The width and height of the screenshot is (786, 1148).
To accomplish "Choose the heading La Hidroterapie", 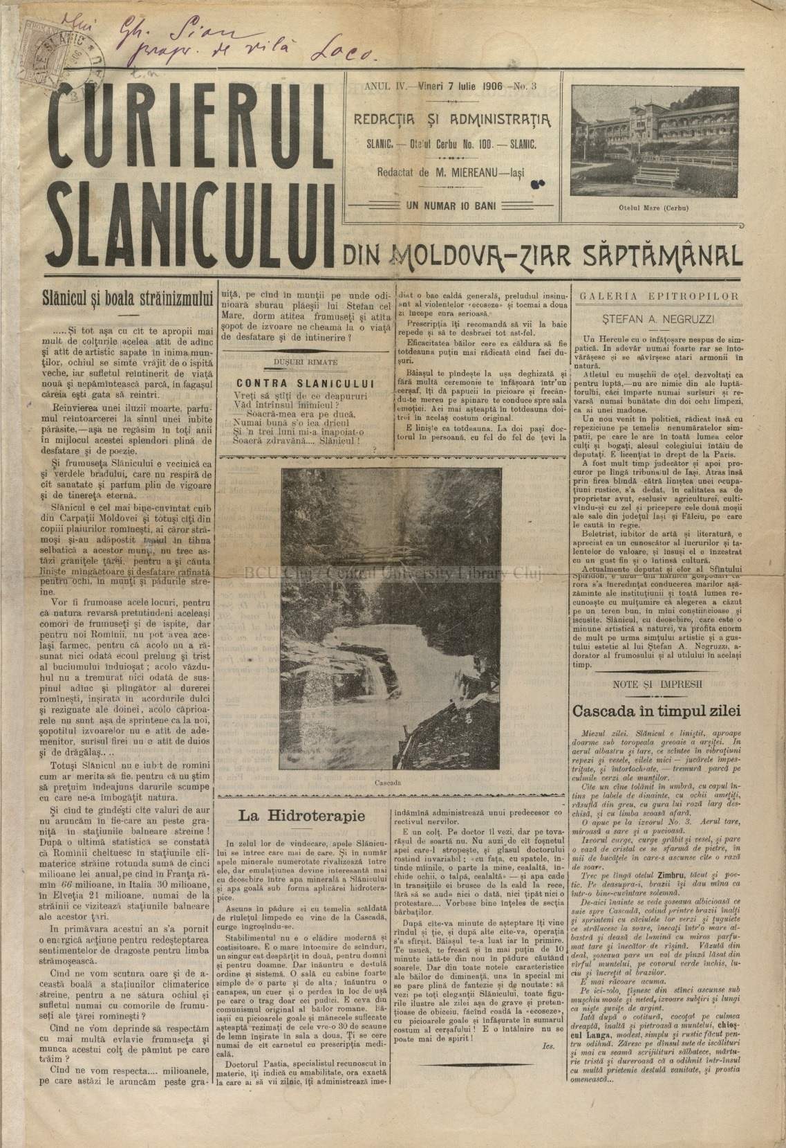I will pyautogui.click(x=302, y=815).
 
